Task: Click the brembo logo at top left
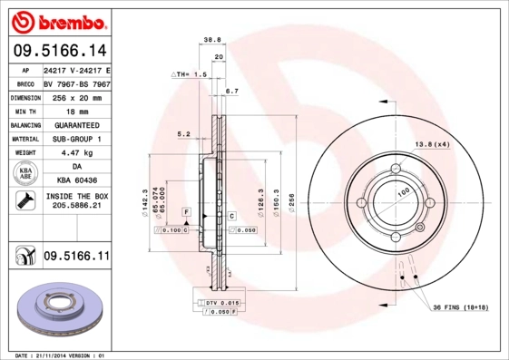point(56,20)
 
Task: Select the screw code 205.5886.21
point(76,207)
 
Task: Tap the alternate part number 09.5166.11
point(76,258)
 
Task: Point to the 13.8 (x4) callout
point(433,145)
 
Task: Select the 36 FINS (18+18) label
point(460,308)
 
